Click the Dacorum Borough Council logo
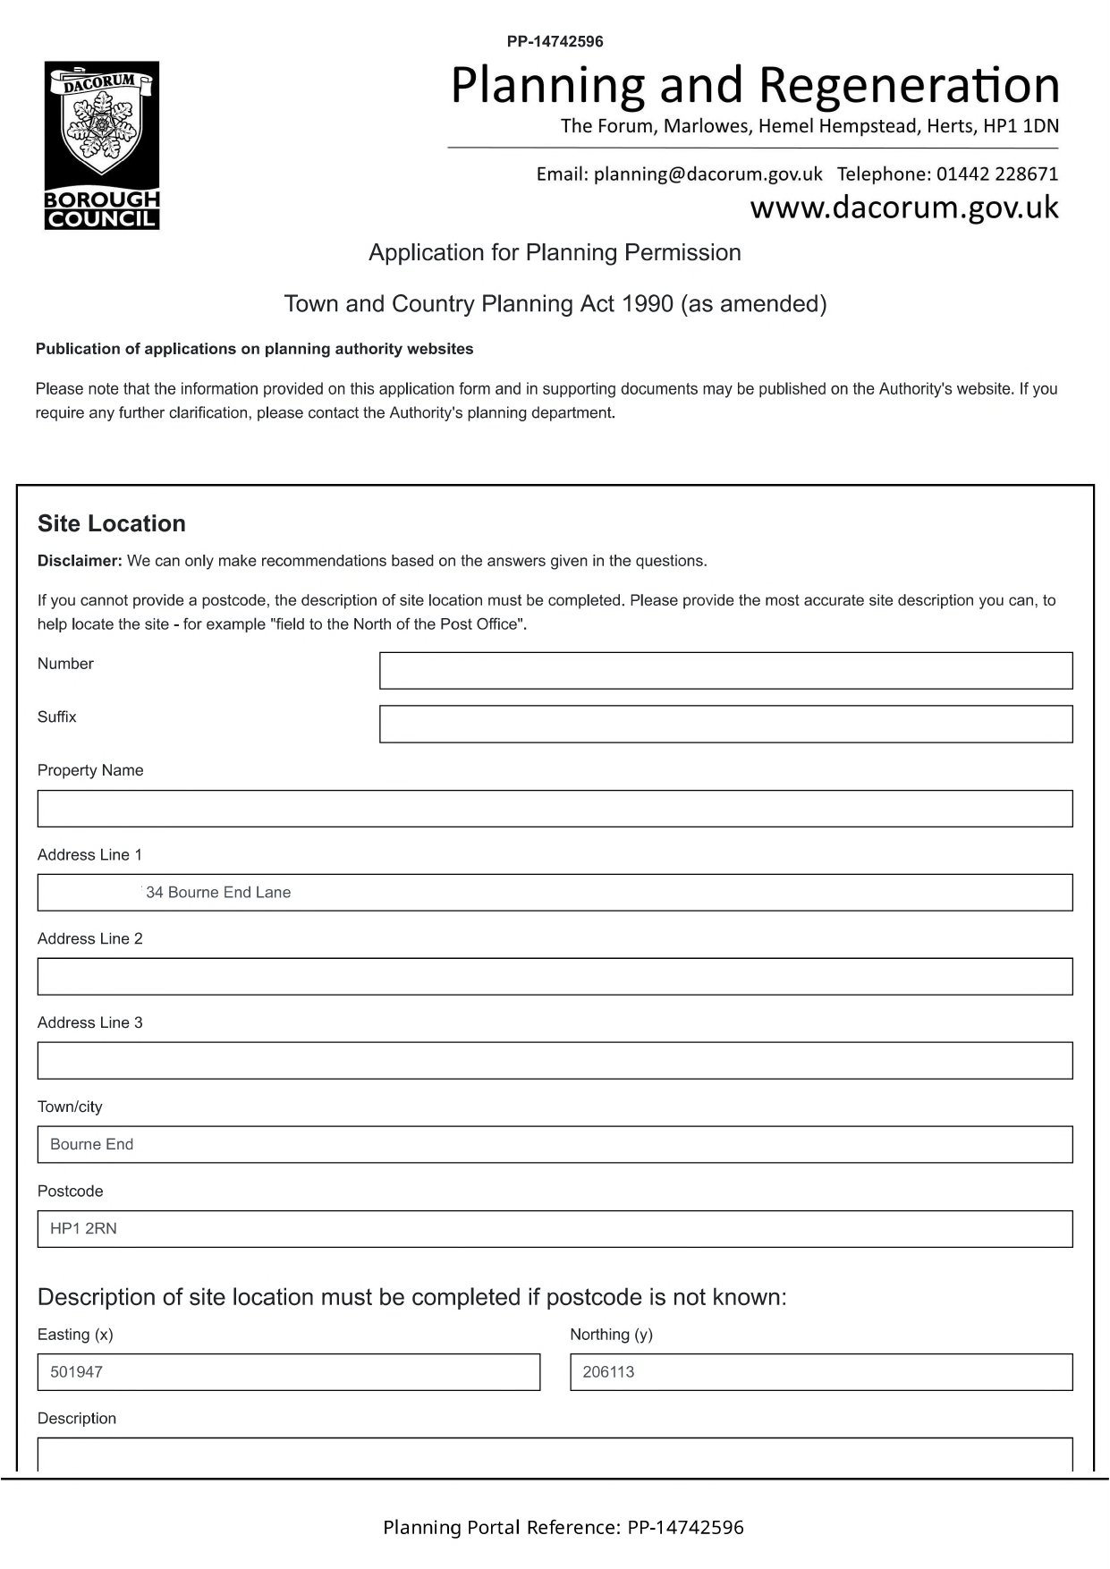(x=102, y=145)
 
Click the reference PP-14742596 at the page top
(x=555, y=41)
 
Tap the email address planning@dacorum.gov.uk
(x=708, y=174)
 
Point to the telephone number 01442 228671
(x=997, y=174)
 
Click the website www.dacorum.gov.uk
(x=903, y=208)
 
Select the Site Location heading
(x=112, y=524)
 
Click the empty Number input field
(x=725, y=671)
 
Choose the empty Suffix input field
(x=725, y=725)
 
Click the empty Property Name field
(x=555, y=809)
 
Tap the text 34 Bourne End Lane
(x=218, y=893)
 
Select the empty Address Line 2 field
(x=555, y=977)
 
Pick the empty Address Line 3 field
(x=555, y=1061)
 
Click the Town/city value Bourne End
(x=91, y=1145)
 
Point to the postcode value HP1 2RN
(x=83, y=1229)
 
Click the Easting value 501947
(x=76, y=1372)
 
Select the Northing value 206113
(x=608, y=1372)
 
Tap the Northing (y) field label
(x=611, y=1335)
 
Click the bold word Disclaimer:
(x=80, y=562)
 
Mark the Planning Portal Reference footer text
(x=563, y=1528)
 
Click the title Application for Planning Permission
(x=555, y=253)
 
